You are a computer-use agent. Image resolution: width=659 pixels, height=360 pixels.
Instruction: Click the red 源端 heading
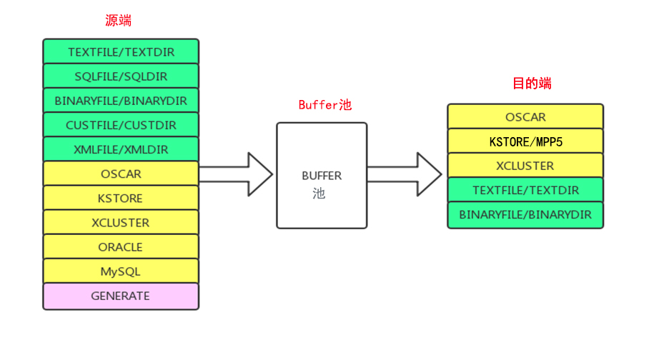[118, 21]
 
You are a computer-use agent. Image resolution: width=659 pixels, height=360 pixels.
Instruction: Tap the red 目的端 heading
[532, 84]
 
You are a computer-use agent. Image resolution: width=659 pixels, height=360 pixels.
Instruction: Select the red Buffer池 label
[324, 105]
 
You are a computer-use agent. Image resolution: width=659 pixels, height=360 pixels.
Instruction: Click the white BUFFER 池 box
[322, 176]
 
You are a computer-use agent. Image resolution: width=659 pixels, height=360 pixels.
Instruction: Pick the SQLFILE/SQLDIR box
[121, 76]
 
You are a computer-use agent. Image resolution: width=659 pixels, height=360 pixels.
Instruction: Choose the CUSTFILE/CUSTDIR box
[121, 125]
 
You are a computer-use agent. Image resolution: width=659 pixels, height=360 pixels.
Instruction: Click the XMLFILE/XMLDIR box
[121, 149]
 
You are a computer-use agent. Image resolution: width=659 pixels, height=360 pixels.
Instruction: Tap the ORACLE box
[121, 247]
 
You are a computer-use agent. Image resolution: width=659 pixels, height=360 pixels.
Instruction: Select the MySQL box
[121, 271]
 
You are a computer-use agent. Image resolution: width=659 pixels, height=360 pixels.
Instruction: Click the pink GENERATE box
[121, 296]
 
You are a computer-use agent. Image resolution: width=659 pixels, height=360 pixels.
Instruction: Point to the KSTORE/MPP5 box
[525, 141]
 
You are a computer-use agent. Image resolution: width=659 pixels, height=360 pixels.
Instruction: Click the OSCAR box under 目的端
[525, 117]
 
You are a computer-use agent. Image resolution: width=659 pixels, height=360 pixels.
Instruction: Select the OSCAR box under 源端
[121, 174]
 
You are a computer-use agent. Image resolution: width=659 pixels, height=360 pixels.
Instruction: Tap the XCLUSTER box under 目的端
[525, 166]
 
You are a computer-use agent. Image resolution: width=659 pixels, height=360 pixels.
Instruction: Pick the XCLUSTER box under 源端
[121, 223]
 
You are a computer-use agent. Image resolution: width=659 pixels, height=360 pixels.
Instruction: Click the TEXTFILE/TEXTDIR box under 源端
[121, 52]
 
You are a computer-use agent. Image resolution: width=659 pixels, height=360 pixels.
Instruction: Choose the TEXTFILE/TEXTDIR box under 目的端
[525, 190]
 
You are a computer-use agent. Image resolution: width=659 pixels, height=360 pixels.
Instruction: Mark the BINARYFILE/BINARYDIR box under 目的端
[525, 214]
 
